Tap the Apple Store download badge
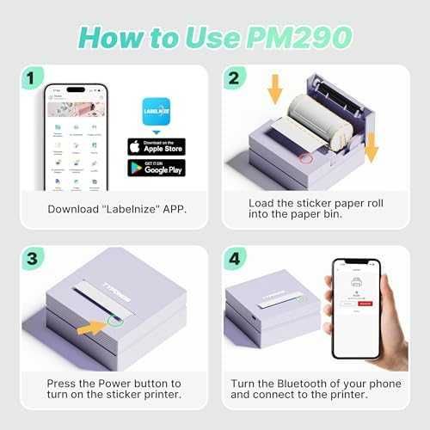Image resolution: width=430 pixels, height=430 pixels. point(156,145)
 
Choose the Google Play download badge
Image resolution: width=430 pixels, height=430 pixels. point(156,168)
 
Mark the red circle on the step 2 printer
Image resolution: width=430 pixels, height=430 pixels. point(304,158)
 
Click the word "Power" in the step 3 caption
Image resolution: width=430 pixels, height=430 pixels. point(102,383)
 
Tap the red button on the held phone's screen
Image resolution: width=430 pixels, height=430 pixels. point(366,303)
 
